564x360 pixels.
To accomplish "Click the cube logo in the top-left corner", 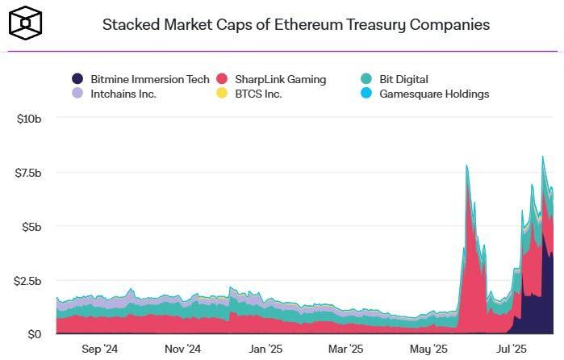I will (x=25, y=23).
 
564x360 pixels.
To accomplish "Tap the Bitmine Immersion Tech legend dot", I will (x=77, y=79).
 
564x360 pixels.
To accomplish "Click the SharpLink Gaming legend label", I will (x=280, y=79).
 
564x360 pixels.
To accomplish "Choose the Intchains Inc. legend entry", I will (x=122, y=94).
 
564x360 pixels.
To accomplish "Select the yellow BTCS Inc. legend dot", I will (x=222, y=94).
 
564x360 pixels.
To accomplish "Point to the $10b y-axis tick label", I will (x=29, y=119).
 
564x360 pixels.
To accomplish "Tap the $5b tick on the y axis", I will (x=30, y=227).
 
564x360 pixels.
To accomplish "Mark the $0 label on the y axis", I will (x=34, y=334).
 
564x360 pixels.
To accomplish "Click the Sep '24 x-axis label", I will (x=100, y=350).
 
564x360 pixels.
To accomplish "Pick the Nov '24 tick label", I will (x=182, y=350).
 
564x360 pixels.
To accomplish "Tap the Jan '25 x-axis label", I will (x=265, y=350).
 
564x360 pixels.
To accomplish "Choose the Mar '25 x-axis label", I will (x=345, y=350).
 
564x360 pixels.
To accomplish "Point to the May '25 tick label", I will (x=428, y=350).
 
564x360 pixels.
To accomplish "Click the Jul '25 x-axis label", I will (x=510, y=350).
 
